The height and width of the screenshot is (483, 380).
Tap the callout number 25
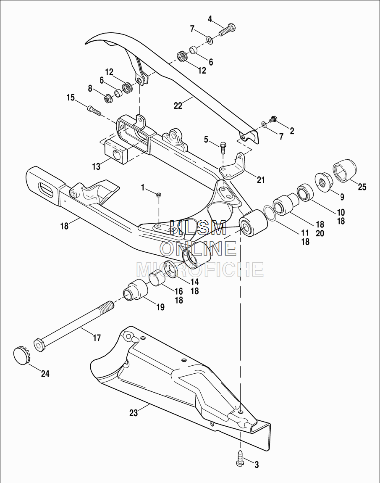362,187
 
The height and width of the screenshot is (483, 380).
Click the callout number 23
134,413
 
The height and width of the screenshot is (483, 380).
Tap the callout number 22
178,106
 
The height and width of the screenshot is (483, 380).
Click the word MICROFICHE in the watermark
200,269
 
